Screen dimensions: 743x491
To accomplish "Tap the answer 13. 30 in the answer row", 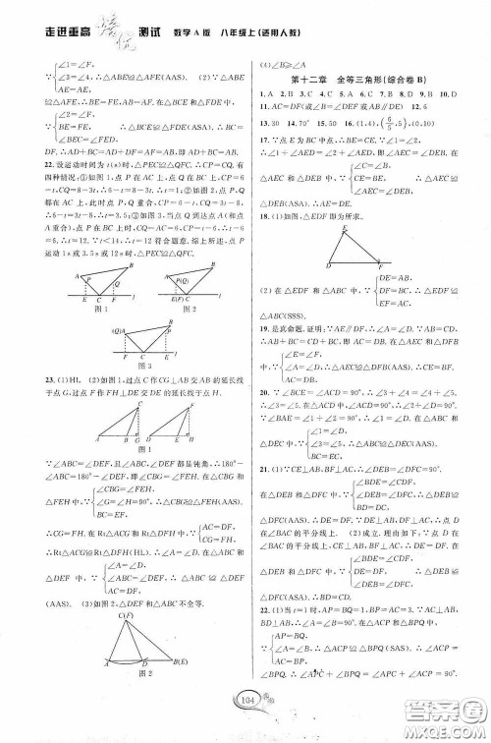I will pyautogui.click(x=270, y=125).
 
